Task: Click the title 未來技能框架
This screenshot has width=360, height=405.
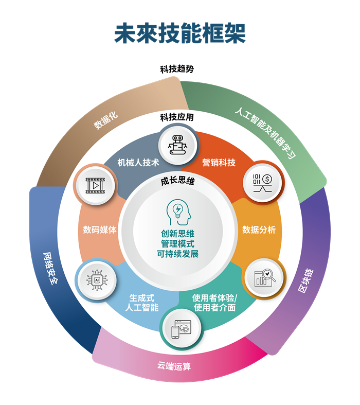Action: pos(180,33)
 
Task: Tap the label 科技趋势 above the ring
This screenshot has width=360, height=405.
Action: pos(177,69)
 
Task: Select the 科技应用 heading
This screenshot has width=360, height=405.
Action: pos(177,117)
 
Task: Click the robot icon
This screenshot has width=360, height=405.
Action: pos(178,145)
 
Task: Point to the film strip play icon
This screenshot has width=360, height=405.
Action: pos(95,185)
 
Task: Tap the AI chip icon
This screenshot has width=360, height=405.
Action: pos(97,280)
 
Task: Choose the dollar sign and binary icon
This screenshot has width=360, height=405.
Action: pos(263,183)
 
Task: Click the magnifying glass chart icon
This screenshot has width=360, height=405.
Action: pos(265,278)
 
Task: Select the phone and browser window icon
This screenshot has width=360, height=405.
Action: pos(181,329)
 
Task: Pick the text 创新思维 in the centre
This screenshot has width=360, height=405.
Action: pos(177,234)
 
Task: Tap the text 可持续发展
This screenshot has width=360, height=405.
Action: pos(177,254)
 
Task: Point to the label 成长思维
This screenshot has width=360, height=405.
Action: pos(177,181)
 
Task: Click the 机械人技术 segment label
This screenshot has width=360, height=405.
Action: pos(138,163)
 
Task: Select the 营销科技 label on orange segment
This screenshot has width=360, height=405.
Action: pos(219,163)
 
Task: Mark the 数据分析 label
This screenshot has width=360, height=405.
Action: pos(259,230)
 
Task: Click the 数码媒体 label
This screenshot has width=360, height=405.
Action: pos(100,230)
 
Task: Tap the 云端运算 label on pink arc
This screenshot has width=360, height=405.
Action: pos(174,366)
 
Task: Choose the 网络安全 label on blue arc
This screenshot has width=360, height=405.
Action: pos(50,269)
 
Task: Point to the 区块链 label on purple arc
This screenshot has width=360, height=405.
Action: pos(306,281)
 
